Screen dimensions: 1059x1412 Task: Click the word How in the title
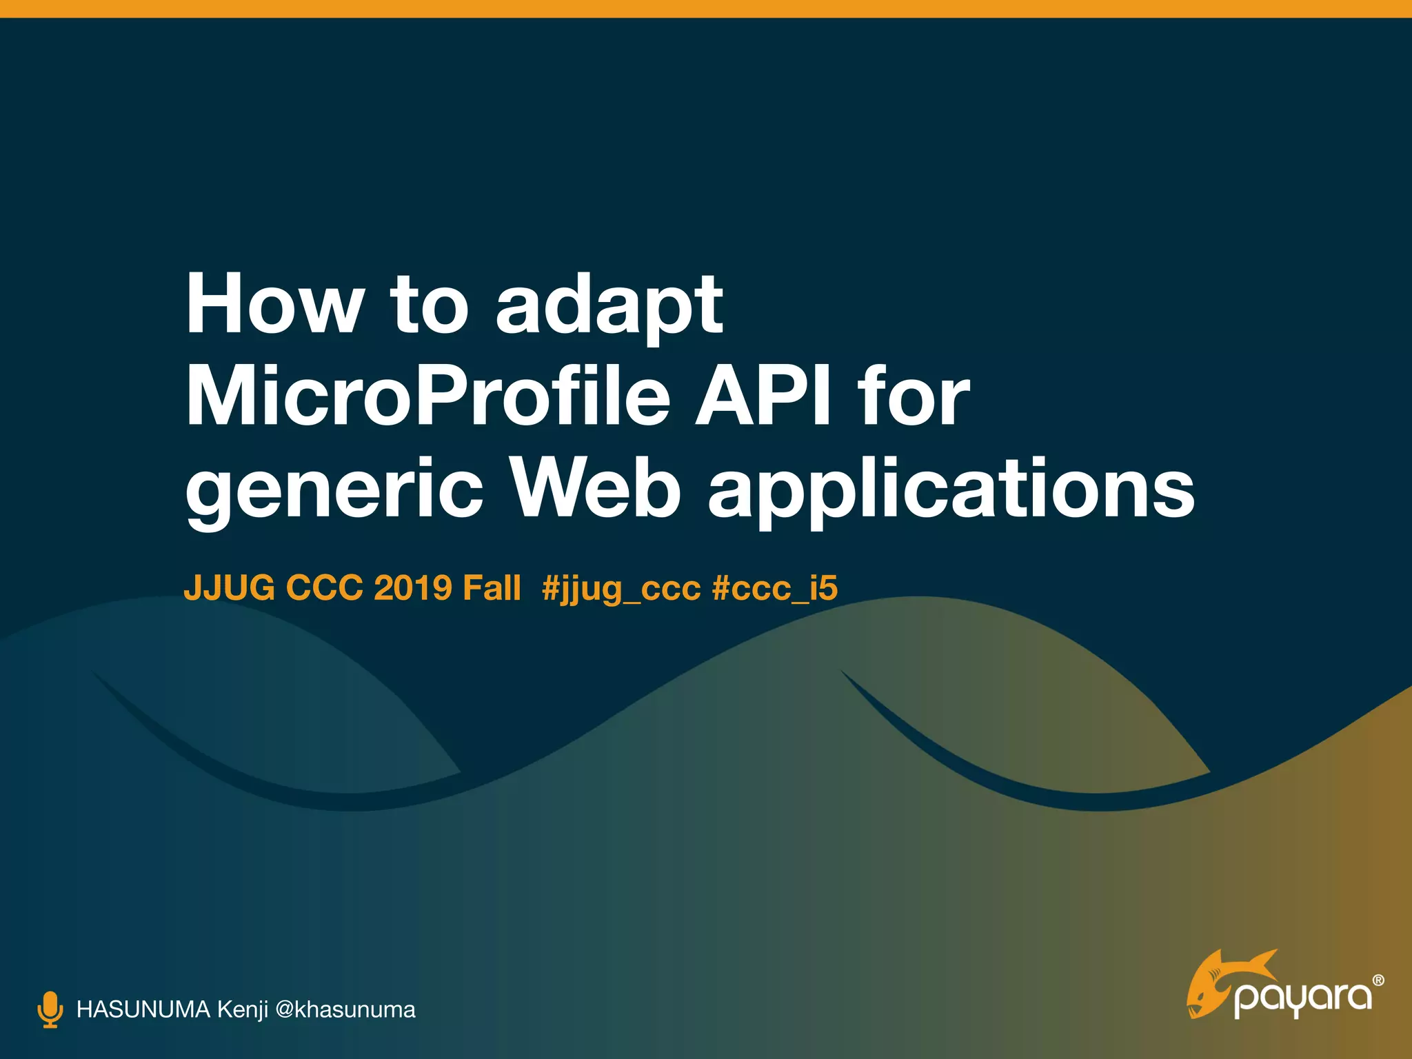click(x=274, y=304)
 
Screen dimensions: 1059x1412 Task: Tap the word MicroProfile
click(x=427, y=398)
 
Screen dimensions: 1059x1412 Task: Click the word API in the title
click(x=764, y=398)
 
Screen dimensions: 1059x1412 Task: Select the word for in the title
click(x=914, y=398)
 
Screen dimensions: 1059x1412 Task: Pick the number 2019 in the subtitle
click(x=413, y=588)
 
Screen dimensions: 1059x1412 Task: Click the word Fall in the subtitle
click(x=492, y=588)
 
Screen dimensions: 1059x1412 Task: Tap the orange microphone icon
click(x=50, y=1009)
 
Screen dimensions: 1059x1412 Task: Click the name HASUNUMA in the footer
click(x=143, y=1009)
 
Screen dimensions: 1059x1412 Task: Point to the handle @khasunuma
click(x=345, y=1009)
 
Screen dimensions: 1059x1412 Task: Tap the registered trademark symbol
click(x=1378, y=980)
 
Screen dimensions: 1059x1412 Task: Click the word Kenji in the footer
click(x=242, y=1010)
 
